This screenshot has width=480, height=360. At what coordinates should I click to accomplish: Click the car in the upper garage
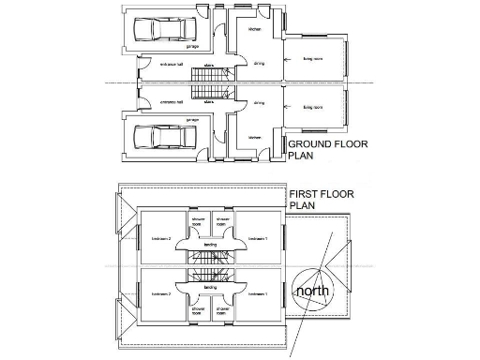click(160, 29)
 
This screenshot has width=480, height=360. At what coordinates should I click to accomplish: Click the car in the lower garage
click(160, 137)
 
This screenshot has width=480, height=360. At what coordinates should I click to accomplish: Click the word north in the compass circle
click(311, 292)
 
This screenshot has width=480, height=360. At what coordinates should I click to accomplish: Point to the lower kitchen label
click(253, 137)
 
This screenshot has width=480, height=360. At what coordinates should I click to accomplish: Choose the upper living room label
click(312, 58)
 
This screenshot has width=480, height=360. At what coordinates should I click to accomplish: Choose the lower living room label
click(312, 108)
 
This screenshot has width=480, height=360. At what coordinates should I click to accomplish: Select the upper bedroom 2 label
click(162, 239)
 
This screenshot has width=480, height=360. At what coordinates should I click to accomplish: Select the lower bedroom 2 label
click(162, 294)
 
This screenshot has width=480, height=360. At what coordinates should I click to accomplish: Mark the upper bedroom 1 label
click(259, 239)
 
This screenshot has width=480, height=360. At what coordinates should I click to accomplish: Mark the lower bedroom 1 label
click(259, 294)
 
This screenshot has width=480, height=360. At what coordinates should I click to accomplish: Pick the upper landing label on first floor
click(211, 246)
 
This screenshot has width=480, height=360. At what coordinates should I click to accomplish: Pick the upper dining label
click(258, 65)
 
